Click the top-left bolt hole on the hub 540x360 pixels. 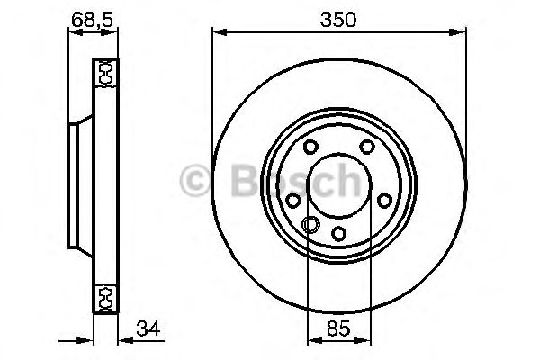pos(310,148)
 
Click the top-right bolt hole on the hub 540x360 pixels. pos(367,148)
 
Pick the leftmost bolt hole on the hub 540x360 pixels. pos(293,201)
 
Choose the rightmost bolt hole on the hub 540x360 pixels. pos(384,201)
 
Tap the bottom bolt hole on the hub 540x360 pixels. pos(339,234)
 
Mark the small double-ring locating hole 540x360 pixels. pos(312,225)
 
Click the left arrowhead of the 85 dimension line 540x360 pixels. pos(312,340)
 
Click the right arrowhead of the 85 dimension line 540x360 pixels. pos(366,340)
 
